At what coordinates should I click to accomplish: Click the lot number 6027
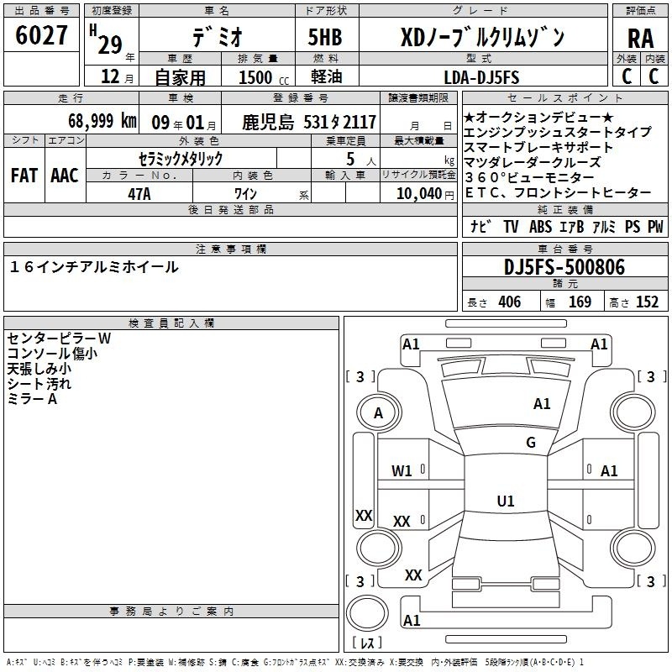(41, 35)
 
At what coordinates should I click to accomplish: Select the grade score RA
(640, 39)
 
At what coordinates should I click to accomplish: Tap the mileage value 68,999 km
(102, 121)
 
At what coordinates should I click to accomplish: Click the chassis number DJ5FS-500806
(564, 267)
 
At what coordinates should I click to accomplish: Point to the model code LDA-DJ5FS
(481, 77)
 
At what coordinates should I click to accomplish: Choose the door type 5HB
(325, 37)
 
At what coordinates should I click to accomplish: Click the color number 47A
(139, 194)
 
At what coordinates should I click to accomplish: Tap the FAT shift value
(24, 176)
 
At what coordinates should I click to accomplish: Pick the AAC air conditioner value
(65, 176)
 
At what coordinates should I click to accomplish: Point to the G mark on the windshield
(531, 442)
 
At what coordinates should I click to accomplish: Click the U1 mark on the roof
(506, 501)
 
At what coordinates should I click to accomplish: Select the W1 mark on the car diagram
(402, 471)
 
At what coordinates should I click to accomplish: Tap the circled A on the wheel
(378, 413)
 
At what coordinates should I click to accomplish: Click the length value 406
(510, 302)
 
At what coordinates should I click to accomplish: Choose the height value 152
(647, 302)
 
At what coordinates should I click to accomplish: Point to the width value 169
(580, 302)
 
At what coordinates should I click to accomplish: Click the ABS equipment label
(540, 226)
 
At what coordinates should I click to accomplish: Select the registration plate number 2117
(360, 122)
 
